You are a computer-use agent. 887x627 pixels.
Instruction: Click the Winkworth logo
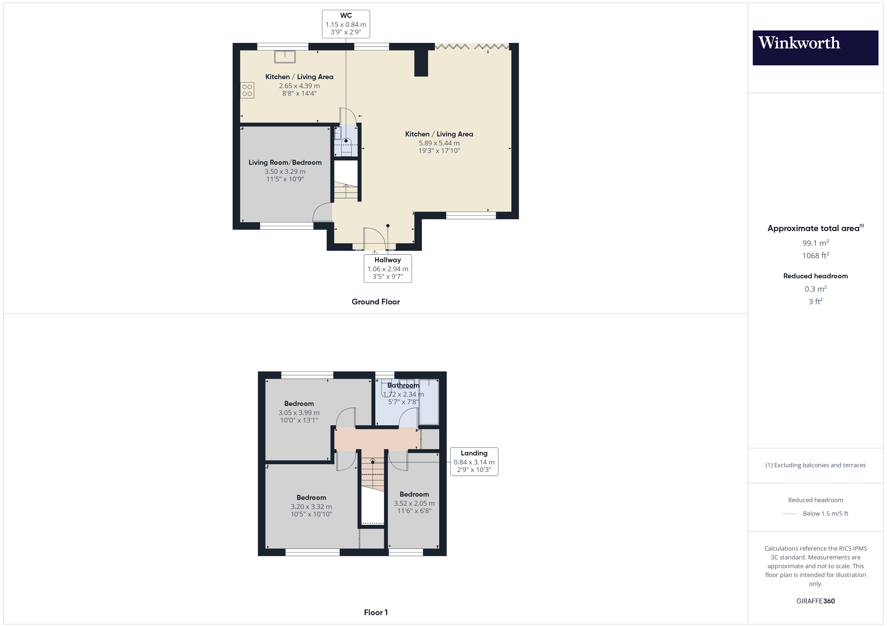[x=815, y=48]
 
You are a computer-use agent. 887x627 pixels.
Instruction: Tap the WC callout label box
[x=346, y=24]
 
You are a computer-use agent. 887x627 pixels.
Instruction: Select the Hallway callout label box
[x=387, y=268]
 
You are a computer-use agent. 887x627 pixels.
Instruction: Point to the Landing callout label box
[x=474, y=461]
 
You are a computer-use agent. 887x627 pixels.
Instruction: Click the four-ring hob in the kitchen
[x=247, y=90]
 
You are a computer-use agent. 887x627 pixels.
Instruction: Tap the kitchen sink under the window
[x=285, y=57]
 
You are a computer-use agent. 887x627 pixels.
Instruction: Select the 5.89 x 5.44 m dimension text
[x=439, y=143]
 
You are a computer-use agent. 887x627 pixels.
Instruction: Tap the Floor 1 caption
[x=376, y=612]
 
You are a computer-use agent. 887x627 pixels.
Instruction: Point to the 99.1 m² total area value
[x=816, y=243]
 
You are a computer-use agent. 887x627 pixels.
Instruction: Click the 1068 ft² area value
[x=816, y=255]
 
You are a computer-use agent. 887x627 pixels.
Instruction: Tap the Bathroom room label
[x=403, y=385]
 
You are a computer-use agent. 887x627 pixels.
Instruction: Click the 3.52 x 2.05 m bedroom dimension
[x=414, y=503]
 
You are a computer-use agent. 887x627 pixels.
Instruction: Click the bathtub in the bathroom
[x=429, y=402]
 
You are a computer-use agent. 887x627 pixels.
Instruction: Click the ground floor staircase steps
[x=346, y=190]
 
